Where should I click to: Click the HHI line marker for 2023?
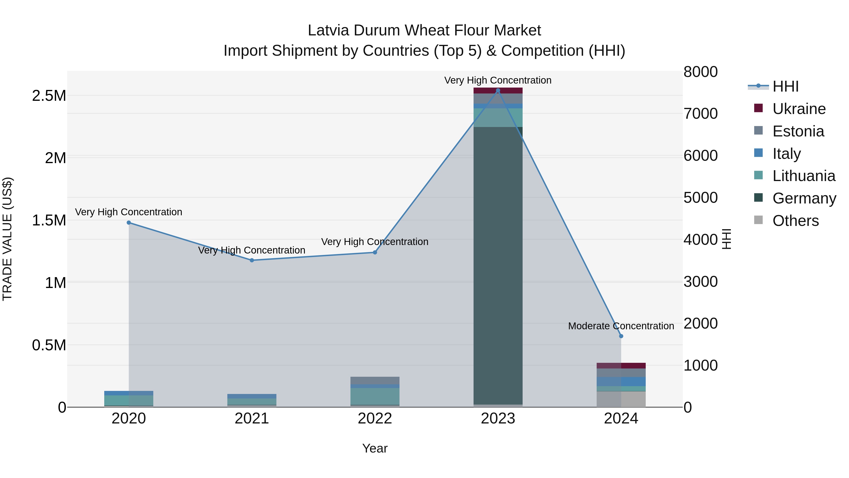point(498,91)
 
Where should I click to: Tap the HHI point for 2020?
point(129,223)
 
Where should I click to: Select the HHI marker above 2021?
point(252,260)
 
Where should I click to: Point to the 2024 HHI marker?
point(621,336)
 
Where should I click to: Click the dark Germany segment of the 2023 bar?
point(498,264)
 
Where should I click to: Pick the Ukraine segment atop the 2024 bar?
point(621,365)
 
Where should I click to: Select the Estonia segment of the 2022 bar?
point(375,380)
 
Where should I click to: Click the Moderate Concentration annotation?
point(621,326)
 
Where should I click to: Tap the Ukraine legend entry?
point(799,109)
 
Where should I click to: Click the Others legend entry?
point(795,221)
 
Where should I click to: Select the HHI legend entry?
point(785,86)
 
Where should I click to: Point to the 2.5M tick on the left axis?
point(49,96)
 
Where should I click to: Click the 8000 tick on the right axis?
point(700,72)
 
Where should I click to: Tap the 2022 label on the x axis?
point(375,419)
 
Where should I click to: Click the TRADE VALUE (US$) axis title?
point(7,239)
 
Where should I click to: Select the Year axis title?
point(375,448)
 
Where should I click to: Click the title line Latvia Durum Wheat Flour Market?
point(424,30)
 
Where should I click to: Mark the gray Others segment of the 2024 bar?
point(621,399)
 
